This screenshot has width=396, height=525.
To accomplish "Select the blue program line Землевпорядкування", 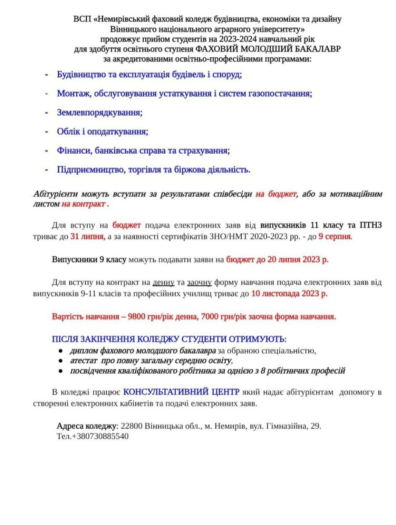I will coord(99,112).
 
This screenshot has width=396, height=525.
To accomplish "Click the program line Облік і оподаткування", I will coord(103,131).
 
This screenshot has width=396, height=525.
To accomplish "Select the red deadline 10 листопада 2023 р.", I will coord(289,293).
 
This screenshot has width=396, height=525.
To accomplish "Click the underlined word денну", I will coord(163,283).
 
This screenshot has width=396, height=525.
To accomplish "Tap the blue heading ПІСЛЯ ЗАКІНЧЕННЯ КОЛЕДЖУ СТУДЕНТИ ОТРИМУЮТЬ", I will coord(169,339).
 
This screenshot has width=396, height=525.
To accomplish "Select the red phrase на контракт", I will coord(83,204).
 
